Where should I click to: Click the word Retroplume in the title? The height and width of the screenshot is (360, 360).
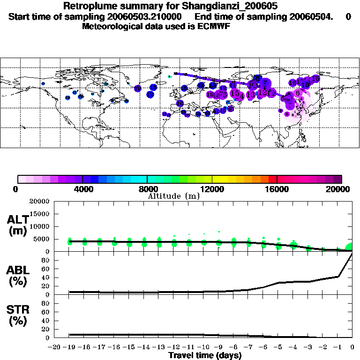pyautogui.click(x=87, y=7)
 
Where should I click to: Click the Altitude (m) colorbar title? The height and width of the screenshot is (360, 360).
pyautogui.click(x=173, y=196)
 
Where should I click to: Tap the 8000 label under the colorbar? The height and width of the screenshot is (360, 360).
pyautogui.click(x=147, y=189)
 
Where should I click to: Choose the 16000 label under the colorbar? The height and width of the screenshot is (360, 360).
pyautogui.click(x=277, y=189)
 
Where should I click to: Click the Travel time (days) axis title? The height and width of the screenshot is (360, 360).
pyautogui.click(x=205, y=356)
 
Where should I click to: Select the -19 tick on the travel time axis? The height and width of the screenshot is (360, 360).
pyautogui.click(x=70, y=347)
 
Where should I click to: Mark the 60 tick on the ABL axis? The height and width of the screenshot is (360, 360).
pyautogui.click(x=46, y=278)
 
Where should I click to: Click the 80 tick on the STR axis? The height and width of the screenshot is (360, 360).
pyautogui.click(x=46, y=303)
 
